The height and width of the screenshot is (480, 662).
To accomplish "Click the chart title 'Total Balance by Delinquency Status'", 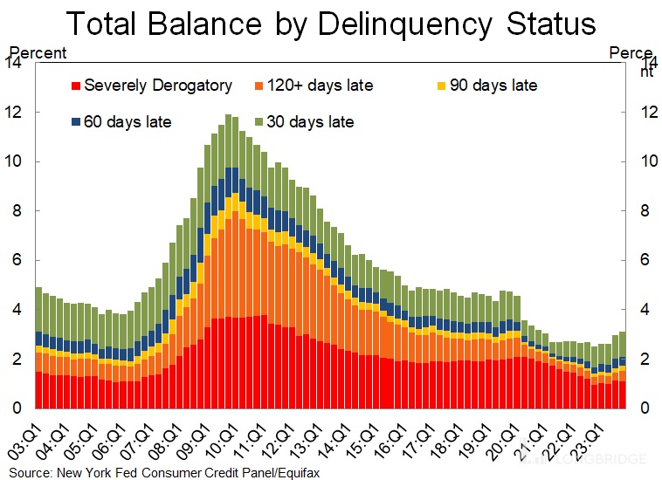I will point(331,23).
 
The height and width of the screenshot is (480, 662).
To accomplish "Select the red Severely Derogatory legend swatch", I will point(75,86).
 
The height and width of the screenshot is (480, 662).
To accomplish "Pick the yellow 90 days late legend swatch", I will point(440,86).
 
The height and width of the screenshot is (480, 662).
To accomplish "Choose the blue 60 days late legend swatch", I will point(75,122).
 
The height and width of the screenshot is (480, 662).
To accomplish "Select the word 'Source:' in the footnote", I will point(25,472).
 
